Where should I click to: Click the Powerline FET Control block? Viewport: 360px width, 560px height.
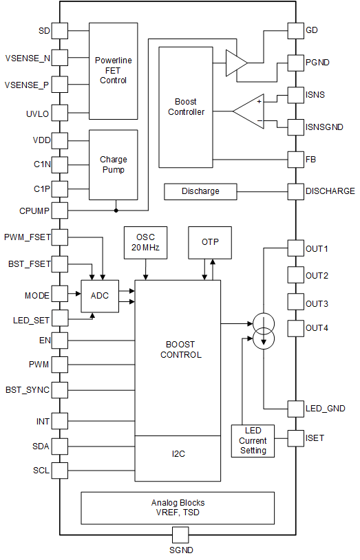[x=114, y=71]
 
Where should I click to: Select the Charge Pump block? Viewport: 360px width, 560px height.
[x=114, y=164]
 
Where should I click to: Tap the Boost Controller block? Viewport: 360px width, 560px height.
[x=186, y=107]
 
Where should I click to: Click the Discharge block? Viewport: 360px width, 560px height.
[x=200, y=191]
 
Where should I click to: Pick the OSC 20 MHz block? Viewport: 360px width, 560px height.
[x=145, y=242]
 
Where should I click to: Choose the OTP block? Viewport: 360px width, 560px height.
[x=210, y=242]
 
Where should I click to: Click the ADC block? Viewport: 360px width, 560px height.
[x=100, y=295]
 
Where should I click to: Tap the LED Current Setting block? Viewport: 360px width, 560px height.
[x=253, y=440]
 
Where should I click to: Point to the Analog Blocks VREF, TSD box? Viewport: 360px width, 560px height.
[x=178, y=508]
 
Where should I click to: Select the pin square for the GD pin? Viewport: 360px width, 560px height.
[x=295, y=30]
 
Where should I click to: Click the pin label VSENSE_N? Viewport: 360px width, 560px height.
[x=28, y=58]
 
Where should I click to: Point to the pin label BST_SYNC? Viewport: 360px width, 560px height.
[x=28, y=390]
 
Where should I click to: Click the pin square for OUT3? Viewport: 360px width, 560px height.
[x=295, y=303]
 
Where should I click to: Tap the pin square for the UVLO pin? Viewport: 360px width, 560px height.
[x=60, y=113]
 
